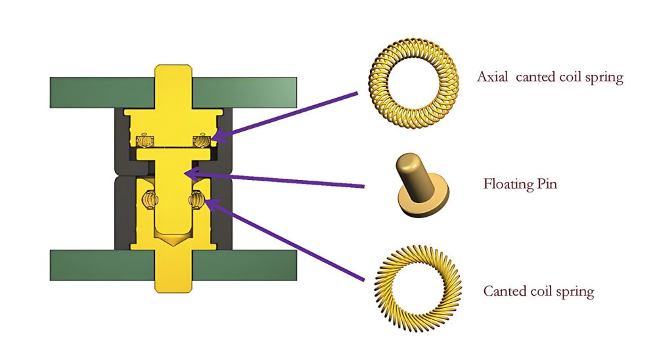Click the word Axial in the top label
[493, 78]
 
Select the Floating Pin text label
[520, 183]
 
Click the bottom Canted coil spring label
[538, 291]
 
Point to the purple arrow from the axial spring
[289, 114]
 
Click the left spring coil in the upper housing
[143, 139]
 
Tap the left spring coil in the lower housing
[150, 198]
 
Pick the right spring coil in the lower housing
[197, 198]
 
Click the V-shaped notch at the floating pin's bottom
[173, 240]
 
